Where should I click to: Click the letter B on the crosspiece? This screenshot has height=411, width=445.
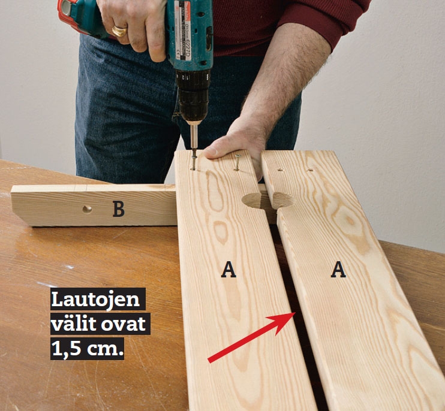[118, 209]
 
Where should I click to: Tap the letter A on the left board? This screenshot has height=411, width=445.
[228, 270]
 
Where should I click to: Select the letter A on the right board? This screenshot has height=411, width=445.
[338, 270]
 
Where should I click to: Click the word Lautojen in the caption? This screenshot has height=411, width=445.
[95, 300]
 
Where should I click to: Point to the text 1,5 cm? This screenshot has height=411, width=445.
[88, 349]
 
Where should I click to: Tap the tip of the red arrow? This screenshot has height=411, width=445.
[296, 313]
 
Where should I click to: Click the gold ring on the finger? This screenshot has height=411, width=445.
[119, 31]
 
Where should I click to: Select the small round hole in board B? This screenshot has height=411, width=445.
[87, 210]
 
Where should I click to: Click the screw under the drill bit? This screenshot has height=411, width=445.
[194, 162]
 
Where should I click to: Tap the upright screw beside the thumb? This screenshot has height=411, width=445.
[237, 163]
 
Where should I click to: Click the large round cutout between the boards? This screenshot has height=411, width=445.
[267, 201]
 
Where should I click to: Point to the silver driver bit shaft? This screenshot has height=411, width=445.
[194, 137]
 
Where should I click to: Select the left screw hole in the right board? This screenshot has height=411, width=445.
[281, 170]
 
